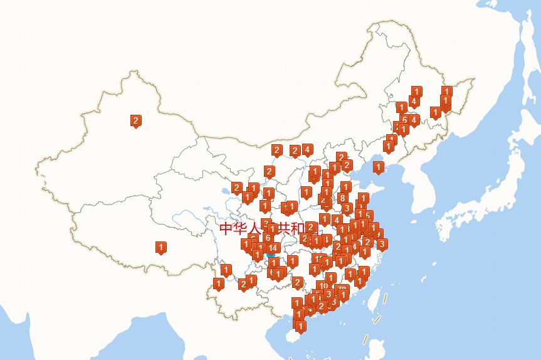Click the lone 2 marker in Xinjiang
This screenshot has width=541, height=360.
pyautogui.click(x=135, y=120)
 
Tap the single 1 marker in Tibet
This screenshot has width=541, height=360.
pyautogui.click(x=160, y=247)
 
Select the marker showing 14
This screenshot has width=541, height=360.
pyautogui.click(x=273, y=248)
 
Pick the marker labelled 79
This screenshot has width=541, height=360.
pyautogui.click(x=342, y=290)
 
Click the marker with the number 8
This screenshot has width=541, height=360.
pyautogui.click(x=342, y=198)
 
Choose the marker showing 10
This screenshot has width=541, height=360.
pyautogui.click(x=322, y=286)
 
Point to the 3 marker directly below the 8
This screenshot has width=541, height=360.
pyautogui.click(x=347, y=208)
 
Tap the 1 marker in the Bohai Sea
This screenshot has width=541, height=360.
pyautogui.click(x=378, y=167)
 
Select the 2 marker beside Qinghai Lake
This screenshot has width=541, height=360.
pyautogui.click(x=236, y=187)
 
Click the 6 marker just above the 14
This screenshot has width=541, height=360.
pyautogui.click(x=268, y=238)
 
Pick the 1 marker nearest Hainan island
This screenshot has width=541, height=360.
pyautogui.click(x=300, y=326)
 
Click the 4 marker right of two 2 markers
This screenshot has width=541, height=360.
pyautogui.click(x=307, y=149)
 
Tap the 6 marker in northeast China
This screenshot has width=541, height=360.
pyautogui.click(x=404, y=119)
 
